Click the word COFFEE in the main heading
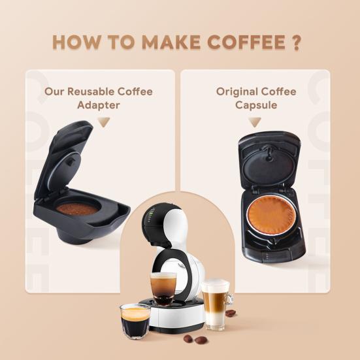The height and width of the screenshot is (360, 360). coord(248,41)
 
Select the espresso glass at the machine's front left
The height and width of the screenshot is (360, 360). coord(135,320)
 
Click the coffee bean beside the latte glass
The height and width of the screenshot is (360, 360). coord(231,312)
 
